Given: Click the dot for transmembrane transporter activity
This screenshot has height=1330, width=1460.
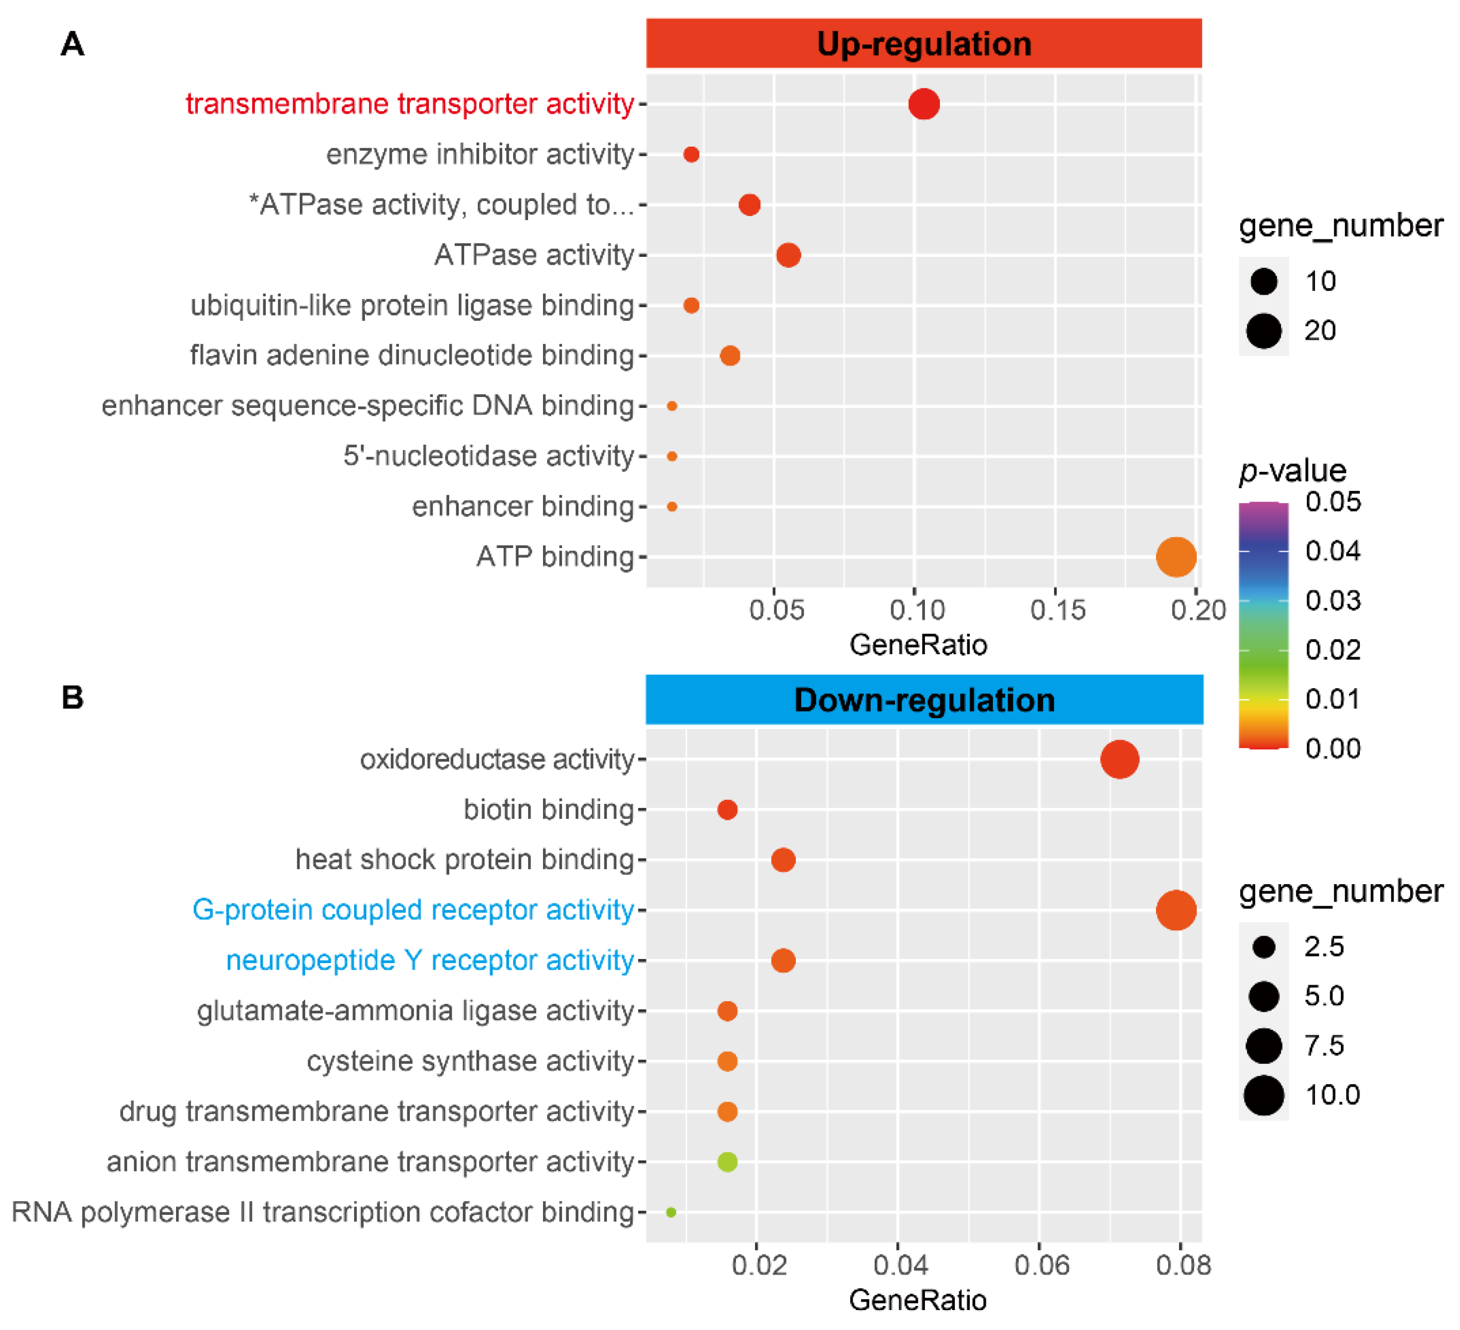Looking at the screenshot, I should tap(924, 104).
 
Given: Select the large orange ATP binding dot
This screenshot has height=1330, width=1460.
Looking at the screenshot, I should tap(1175, 557).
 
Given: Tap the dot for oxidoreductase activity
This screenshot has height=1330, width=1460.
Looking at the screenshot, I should tap(1119, 759).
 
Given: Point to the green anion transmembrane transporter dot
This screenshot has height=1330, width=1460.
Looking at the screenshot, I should tap(727, 1162).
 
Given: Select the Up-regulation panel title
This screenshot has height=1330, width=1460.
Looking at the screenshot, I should tap(924, 44).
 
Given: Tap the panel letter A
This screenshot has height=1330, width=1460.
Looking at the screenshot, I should tap(72, 44).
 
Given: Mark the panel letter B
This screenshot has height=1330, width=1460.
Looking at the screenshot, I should tap(72, 698).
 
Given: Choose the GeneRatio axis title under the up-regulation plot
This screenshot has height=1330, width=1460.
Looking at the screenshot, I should tap(918, 645).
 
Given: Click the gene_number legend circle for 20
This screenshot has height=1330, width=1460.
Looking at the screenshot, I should tap(1264, 331).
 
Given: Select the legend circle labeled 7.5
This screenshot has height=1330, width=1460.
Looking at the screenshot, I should tap(1264, 1045).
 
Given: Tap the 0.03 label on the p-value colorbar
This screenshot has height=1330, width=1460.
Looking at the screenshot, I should tap(1332, 600).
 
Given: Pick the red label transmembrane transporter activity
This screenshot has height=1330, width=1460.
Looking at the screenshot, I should tap(410, 104).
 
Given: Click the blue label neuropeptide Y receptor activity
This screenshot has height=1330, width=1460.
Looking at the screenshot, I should tap(430, 960).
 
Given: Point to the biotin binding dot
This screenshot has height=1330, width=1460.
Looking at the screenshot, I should tap(727, 810).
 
